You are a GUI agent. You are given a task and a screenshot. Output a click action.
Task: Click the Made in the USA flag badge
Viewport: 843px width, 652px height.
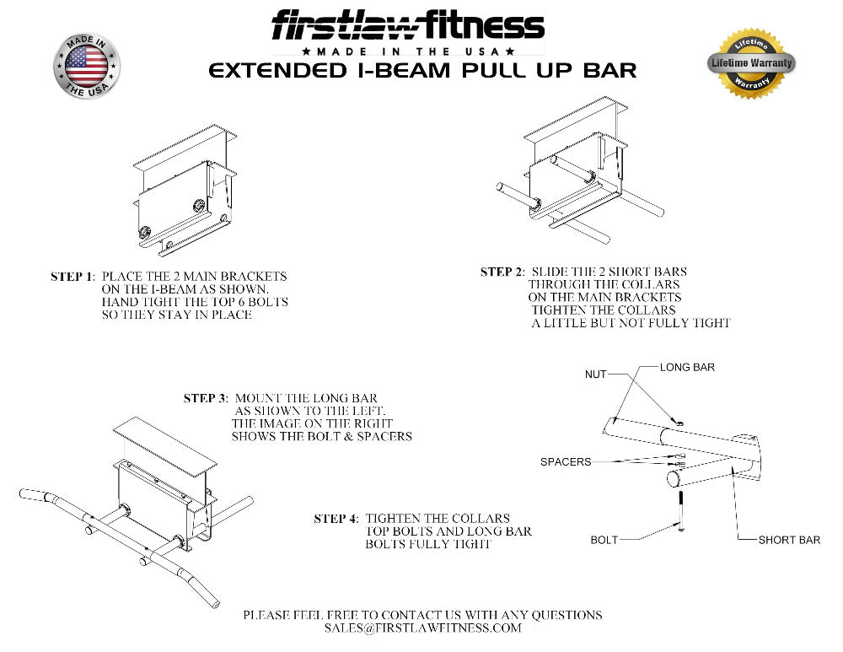click(x=87, y=66)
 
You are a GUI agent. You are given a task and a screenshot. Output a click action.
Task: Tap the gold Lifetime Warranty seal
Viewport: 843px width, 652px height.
click(x=751, y=62)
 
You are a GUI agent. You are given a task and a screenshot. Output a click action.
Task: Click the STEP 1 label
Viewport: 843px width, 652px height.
click(x=72, y=277)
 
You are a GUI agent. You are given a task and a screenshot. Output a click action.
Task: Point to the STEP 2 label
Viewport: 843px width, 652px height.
click(x=501, y=272)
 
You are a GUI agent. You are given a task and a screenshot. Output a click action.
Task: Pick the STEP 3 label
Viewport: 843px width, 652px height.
click(x=205, y=398)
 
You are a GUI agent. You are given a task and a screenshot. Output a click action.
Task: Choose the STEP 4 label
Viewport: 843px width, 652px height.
click(x=336, y=519)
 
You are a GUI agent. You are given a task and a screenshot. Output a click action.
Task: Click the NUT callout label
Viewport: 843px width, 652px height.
click(x=595, y=374)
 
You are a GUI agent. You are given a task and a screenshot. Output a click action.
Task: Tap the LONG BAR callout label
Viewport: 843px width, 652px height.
click(x=687, y=368)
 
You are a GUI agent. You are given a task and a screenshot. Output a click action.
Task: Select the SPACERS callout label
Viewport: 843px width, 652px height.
click(x=566, y=461)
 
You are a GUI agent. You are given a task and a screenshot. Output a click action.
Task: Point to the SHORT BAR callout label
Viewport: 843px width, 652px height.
click(x=788, y=540)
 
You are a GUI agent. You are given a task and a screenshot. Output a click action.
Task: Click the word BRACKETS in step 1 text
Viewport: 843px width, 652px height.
click(x=254, y=277)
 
